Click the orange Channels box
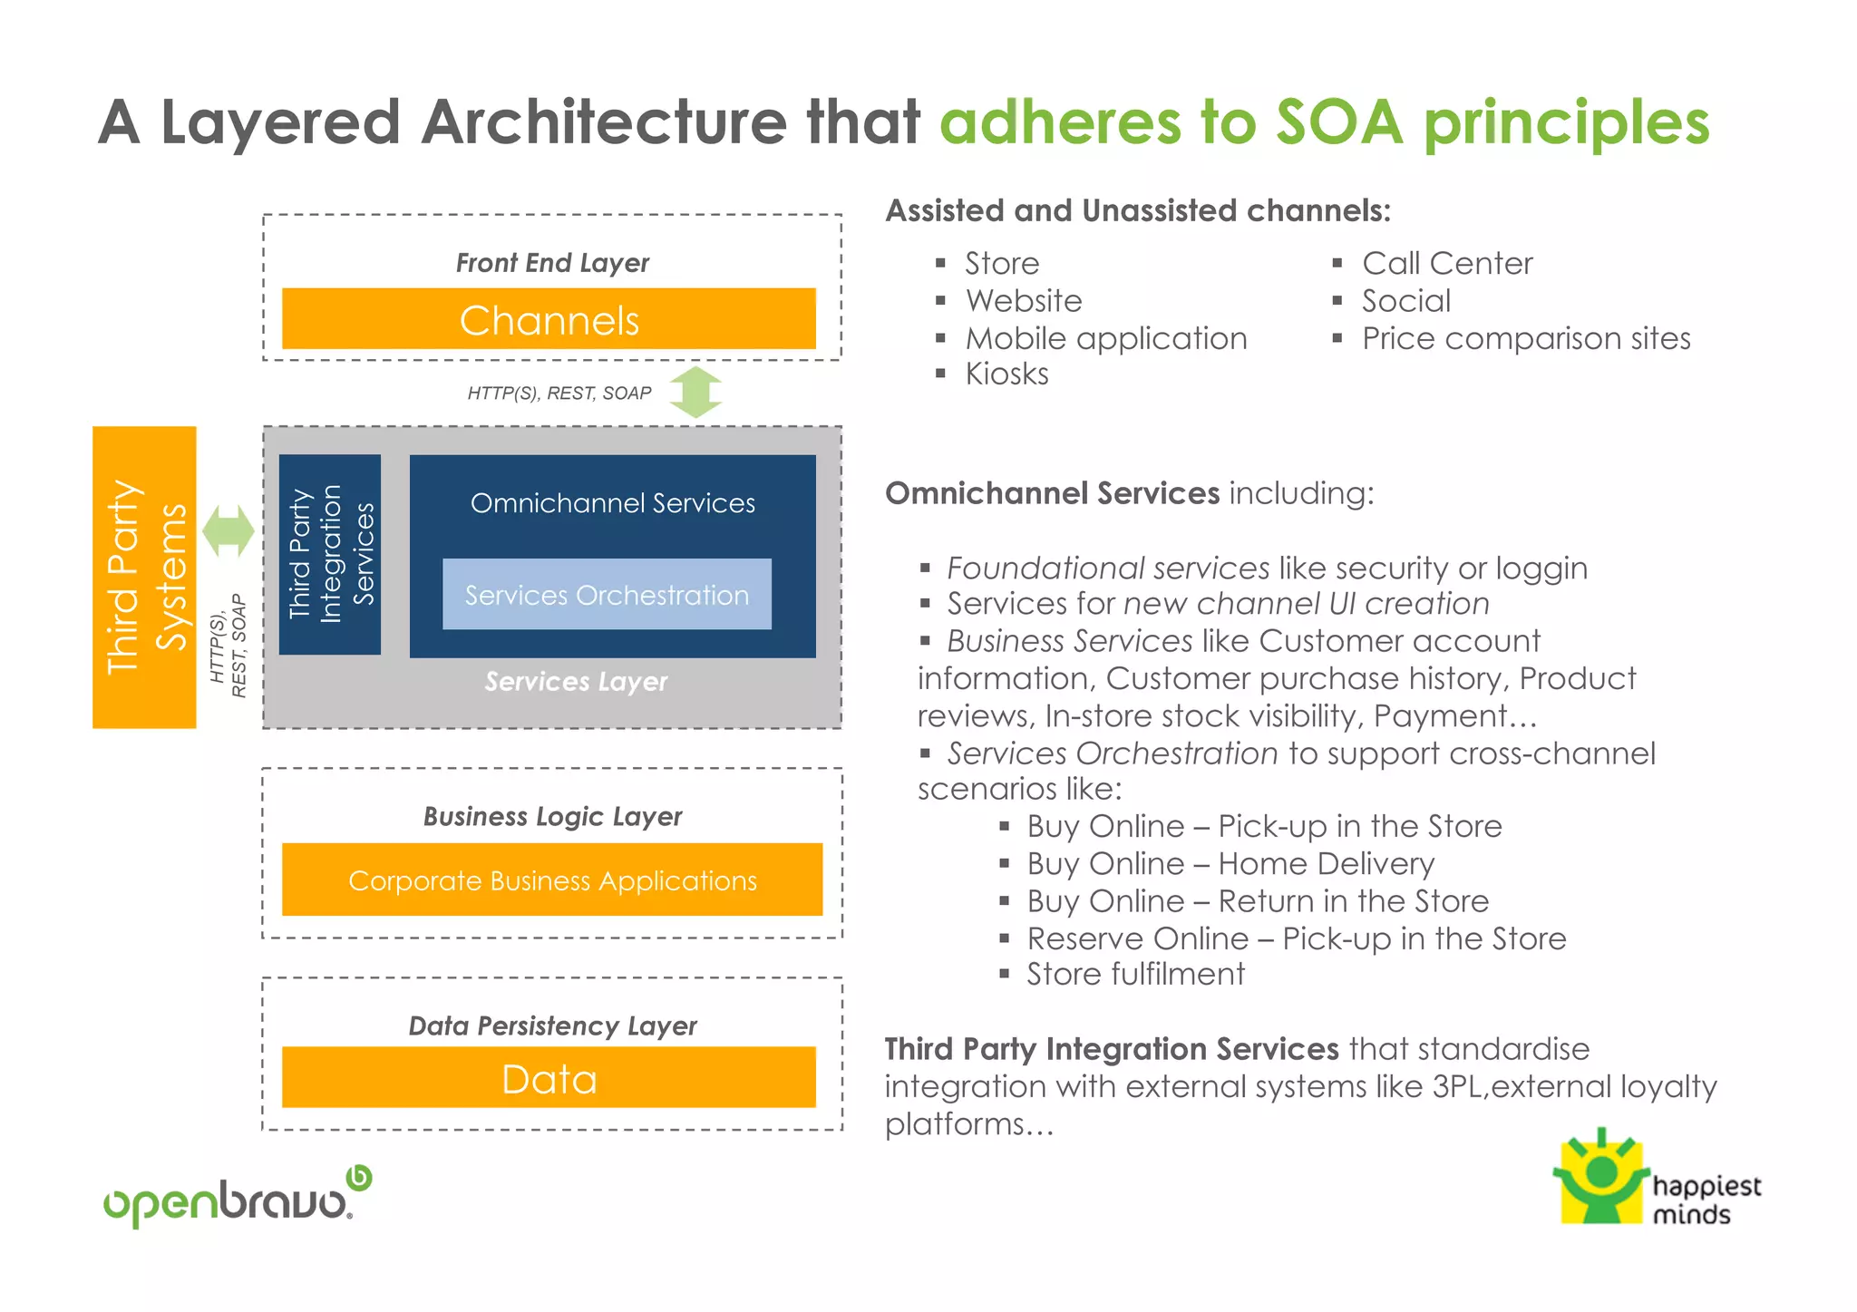pos(549,319)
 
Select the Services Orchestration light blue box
pos(607,595)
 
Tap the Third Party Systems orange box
pos(144,578)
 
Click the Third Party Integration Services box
pos(330,554)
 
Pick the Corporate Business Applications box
pos(552,880)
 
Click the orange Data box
pos(549,1078)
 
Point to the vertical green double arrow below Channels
pos(695,393)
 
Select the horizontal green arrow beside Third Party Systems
pos(228,530)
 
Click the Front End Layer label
pos(552,263)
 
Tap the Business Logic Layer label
pos(552,816)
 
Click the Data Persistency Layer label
pos(552,1025)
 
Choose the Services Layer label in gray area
pos(576,681)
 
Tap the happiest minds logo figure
pos(1601,1179)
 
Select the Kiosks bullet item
pos(1006,374)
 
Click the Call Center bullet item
pos(1447,263)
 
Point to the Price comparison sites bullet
pos(1526,338)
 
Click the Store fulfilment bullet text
pos(1135,974)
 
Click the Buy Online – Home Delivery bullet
pos(1230,863)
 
